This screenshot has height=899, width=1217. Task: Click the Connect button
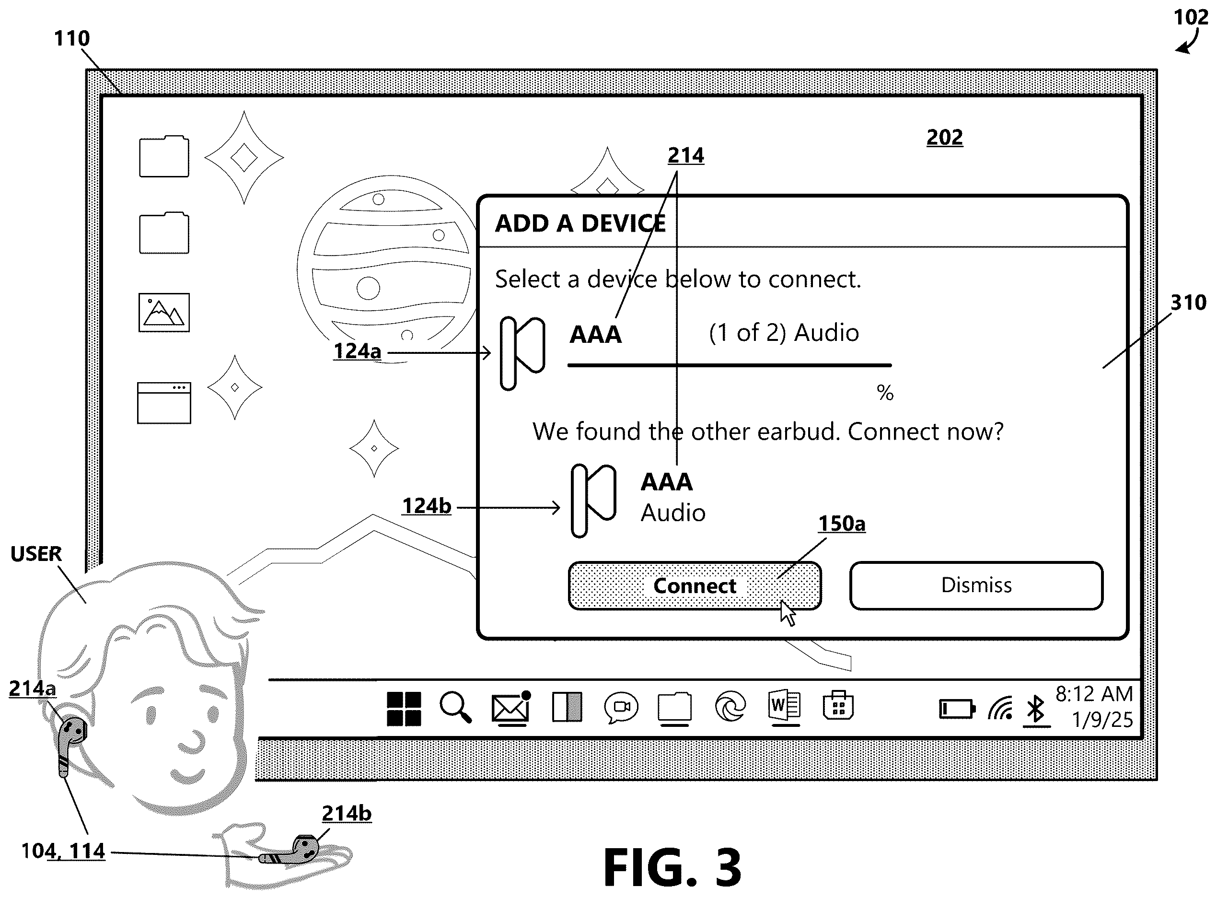[x=695, y=586]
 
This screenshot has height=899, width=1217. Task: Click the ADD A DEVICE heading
[x=580, y=223]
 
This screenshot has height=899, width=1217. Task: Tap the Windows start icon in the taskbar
[x=404, y=709]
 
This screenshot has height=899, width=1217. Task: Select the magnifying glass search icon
[x=456, y=707]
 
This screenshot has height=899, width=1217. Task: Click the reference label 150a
[x=842, y=524]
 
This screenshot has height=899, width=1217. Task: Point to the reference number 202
[x=944, y=137]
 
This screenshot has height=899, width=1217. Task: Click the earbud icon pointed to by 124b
[x=593, y=500]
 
